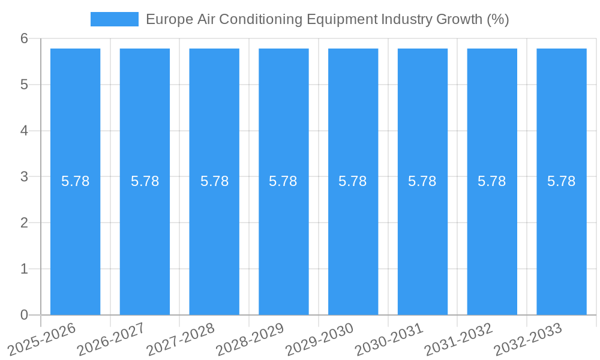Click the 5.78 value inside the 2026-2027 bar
[x=145, y=181]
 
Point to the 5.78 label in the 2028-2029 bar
[x=283, y=181]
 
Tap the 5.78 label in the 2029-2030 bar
[x=353, y=181]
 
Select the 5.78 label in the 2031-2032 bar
[x=492, y=181]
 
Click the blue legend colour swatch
[x=114, y=19]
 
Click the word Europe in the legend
[x=169, y=19]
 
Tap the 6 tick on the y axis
[x=24, y=38]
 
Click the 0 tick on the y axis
[x=24, y=315]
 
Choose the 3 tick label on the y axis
[x=24, y=177]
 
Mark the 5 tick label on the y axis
[x=24, y=85]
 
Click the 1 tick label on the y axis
[x=24, y=269]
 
